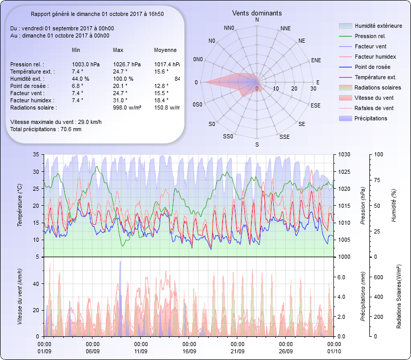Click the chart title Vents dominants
[x=256, y=12]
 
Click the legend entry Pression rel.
[x=370, y=37]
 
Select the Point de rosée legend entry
[x=372, y=67]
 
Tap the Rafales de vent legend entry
[x=374, y=109]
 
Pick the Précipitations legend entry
[x=371, y=119]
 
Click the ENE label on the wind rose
[x=316, y=60]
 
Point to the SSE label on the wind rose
[x=284, y=137]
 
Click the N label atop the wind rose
[x=257, y=20]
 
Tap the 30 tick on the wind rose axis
[x=313, y=89]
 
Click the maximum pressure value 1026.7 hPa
[x=126, y=64]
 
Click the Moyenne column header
[x=165, y=50]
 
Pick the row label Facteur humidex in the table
[x=30, y=100]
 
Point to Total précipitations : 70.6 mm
[x=46, y=129]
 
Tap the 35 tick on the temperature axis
[x=36, y=155]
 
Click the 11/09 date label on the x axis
[x=141, y=351]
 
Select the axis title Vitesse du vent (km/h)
[x=20, y=297]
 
